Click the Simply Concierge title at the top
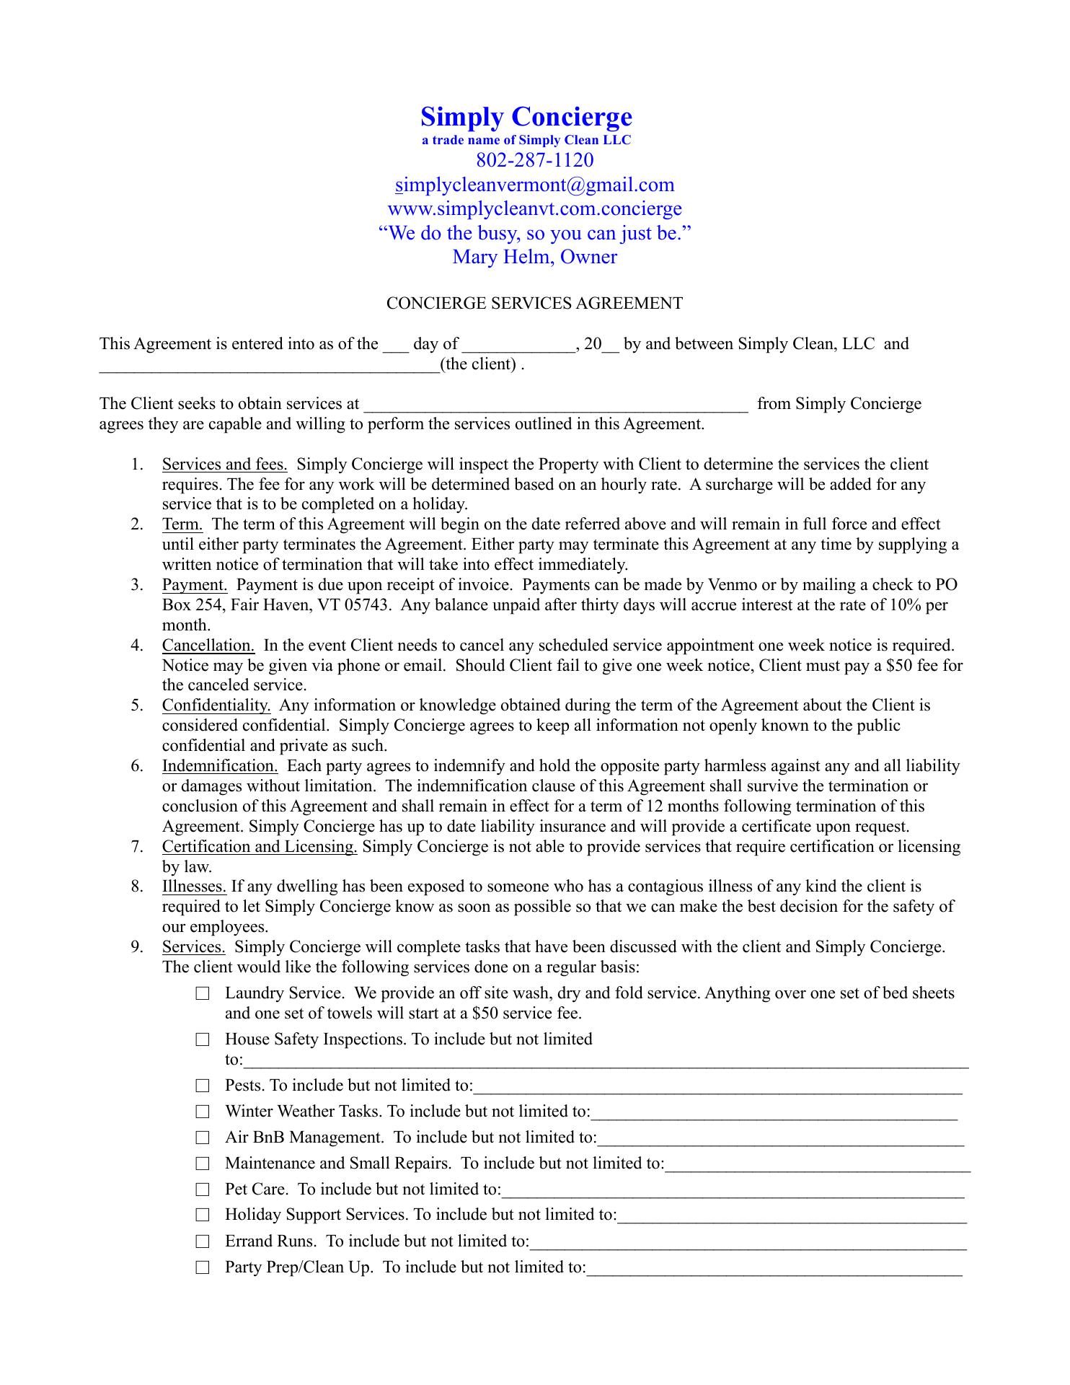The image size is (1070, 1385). pos(526,117)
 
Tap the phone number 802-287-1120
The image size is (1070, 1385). pos(534,159)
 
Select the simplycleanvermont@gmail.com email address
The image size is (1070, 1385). pos(534,185)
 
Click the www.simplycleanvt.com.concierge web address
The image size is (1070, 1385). pos(534,209)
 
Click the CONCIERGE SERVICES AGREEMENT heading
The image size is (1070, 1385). pos(534,304)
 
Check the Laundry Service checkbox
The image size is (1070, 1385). pos(203,994)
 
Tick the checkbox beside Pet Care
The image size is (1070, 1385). pos(203,1190)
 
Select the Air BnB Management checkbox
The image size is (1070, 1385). pos(203,1138)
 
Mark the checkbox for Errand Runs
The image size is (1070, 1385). pos(203,1241)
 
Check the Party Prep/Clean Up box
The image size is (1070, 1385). pos(203,1267)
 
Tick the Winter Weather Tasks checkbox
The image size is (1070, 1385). pos(203,1112)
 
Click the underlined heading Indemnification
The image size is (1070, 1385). pos(220,766)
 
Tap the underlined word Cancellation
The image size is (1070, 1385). pos(208,646)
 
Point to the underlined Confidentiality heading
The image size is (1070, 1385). pos(216,705)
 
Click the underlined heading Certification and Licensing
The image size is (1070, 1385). pos(260,847)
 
